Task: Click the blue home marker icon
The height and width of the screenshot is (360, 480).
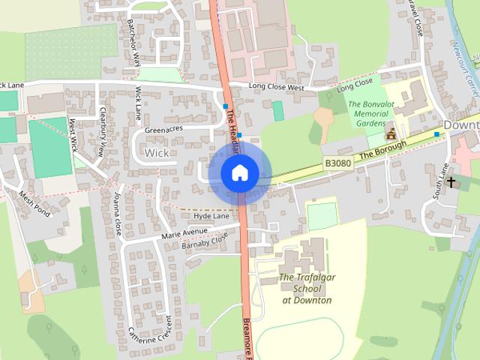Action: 239,172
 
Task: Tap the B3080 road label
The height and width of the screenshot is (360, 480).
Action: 338,162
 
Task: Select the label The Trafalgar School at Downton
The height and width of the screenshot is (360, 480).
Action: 307,289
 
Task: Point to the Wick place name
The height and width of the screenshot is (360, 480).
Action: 157,152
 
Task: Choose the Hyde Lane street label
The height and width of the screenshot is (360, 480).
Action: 211,215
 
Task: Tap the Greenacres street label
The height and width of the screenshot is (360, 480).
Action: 163,129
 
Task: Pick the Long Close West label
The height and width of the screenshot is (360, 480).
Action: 276,88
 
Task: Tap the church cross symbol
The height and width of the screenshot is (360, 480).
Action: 451,181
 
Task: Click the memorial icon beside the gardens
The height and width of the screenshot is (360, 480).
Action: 390,134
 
